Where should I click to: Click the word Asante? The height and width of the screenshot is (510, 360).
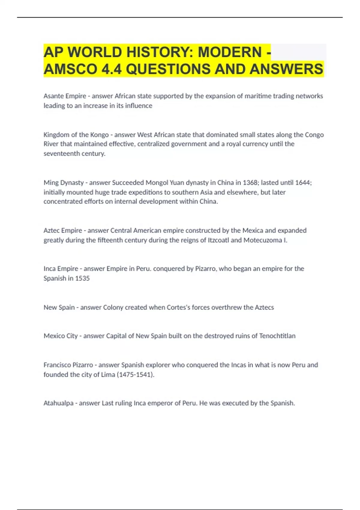53,96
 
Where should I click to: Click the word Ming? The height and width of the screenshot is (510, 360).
51,183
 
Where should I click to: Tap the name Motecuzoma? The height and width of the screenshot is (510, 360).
262,240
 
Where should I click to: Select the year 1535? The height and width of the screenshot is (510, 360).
82,278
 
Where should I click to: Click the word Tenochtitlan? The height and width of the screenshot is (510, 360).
277,336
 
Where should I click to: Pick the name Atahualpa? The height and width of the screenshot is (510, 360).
58,403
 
